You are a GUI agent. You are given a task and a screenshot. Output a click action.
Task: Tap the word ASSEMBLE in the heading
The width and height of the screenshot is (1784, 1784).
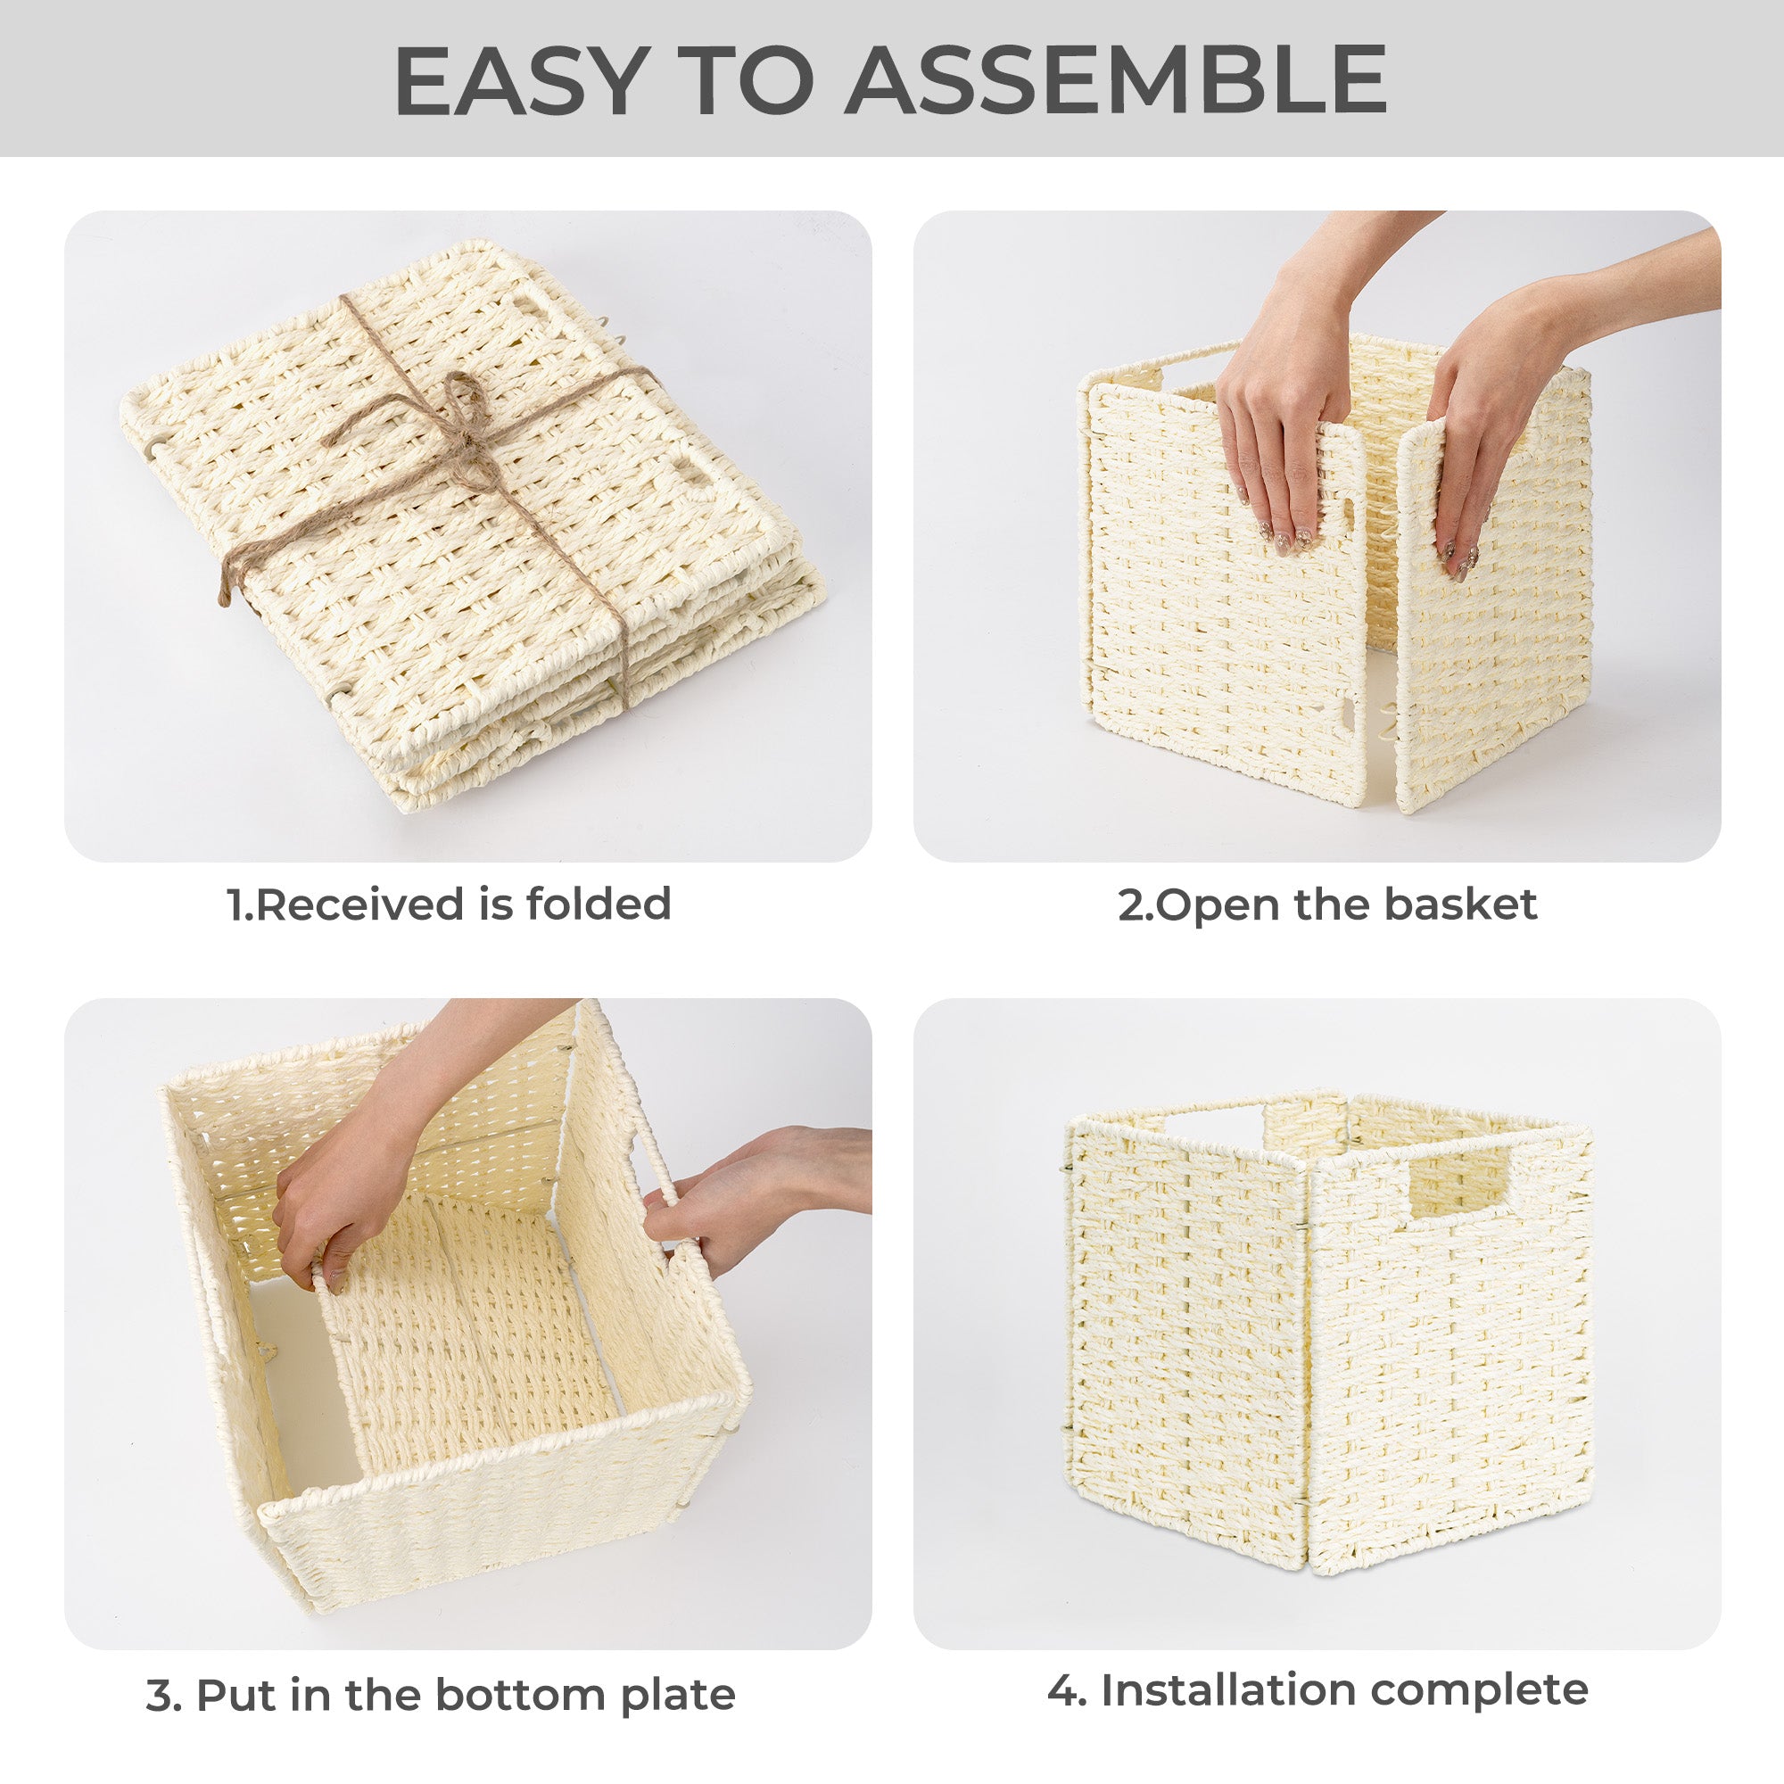point(1117,80)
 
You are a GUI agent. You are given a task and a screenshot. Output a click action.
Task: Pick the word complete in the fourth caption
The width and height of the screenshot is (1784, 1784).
point(1479,1691)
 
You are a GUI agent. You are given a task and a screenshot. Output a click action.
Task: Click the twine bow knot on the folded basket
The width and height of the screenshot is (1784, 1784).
point(452,411)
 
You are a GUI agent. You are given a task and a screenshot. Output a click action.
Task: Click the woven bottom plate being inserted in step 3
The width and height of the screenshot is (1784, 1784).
point(471,1330)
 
